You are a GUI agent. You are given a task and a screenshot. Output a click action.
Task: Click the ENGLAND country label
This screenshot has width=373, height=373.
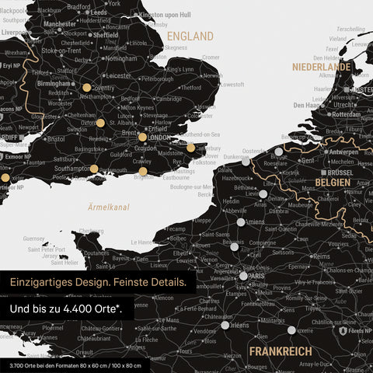190,37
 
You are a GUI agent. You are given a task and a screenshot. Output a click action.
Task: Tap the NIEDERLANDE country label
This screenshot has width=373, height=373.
321,68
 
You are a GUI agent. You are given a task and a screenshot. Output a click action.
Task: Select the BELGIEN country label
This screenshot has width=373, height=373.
332,182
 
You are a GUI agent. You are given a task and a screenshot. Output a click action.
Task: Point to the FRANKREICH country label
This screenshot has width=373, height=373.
281,351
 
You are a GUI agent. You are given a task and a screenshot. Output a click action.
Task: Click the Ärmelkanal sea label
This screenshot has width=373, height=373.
109,207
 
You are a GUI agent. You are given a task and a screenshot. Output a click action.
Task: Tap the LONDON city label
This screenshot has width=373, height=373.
159,138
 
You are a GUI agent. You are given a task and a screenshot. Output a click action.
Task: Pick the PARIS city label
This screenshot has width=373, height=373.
258,275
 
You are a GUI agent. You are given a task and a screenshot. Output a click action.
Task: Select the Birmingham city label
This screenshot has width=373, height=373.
53,83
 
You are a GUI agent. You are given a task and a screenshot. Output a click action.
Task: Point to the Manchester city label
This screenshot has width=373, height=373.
60,24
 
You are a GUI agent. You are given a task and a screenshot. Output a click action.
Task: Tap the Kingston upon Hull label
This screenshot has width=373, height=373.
166,15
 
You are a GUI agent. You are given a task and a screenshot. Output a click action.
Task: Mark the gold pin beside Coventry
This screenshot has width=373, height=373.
86,88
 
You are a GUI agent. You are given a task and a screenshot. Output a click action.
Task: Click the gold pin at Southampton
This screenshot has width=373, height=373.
94,169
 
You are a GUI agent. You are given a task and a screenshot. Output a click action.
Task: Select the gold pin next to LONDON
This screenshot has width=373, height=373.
142,138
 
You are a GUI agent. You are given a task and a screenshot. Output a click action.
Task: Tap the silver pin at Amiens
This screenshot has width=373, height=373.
241,222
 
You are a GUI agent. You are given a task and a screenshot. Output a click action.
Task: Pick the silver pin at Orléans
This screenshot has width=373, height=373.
225,326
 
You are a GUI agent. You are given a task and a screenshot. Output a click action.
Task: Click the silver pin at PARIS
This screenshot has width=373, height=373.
243,275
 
